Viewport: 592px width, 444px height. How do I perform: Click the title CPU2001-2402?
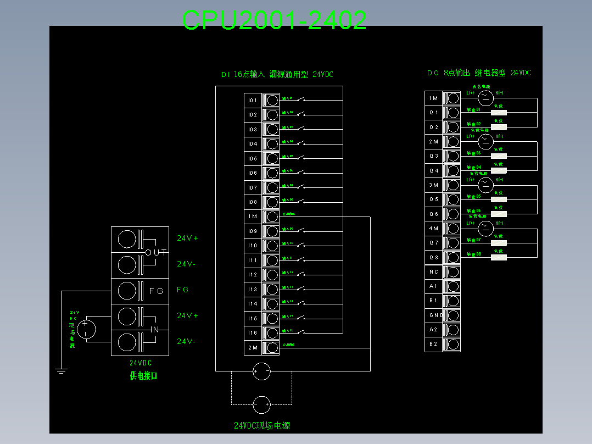pyautogui.click(x=274, y=20)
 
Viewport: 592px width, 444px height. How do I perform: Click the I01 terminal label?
pyautogui.click(x=252, y=101)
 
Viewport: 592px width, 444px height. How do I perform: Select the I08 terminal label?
pyautogui.click(x=252, y=202)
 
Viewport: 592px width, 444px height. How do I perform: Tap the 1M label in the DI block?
pyautogui.click(x=252, y=217)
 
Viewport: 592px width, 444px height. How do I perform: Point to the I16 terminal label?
pyautogui.click(x=252, y=333)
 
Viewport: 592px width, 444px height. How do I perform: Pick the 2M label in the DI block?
pyautogui.click(x=252, y=347)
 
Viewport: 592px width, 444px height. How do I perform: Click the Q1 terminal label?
pyautogui.click(x=434, y=113)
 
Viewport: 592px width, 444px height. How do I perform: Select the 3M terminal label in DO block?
pyautogui.click(x=434, y=185)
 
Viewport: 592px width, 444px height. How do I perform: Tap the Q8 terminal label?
pyautogui.click(x=434, y=257)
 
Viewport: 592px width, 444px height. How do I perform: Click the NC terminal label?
pyautogui.click(x=434, y=272)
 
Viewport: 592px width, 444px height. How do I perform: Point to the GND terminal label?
pyautogui.click(x=434, y=315)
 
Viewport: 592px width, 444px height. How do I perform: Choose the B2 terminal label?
pyautogui.click(x=434, y=344)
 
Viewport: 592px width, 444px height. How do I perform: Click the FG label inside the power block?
pyautogui.click(x=156, y=291)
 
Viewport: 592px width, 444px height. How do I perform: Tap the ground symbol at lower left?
pyautogui.click(x=61, y=371)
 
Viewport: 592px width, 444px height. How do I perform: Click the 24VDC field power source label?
pyautogui.click(x=262, y=425)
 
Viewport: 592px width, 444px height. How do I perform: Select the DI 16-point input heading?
pyautogui.click(x=277, y=75)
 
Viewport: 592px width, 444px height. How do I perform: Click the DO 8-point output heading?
pyautogui.click(x=479, y=73)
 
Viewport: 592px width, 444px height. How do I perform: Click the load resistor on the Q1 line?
pyautogui.click(x=498, y=112)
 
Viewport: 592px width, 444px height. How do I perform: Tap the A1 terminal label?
pyautogui.click(x=434, y=286)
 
